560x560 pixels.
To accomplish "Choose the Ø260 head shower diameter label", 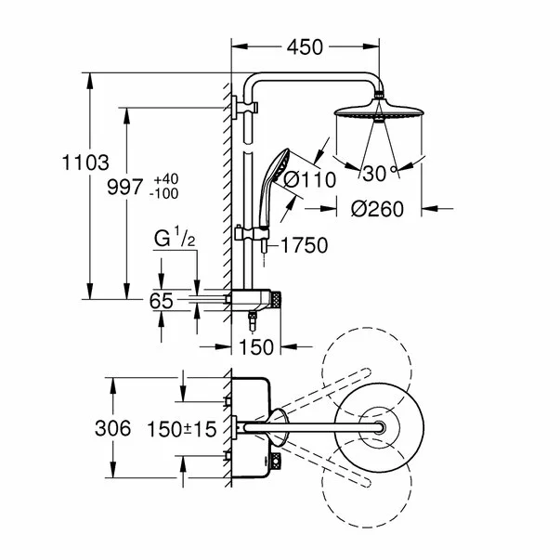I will pos(378,210).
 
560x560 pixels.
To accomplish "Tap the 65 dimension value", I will pos(163,301).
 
